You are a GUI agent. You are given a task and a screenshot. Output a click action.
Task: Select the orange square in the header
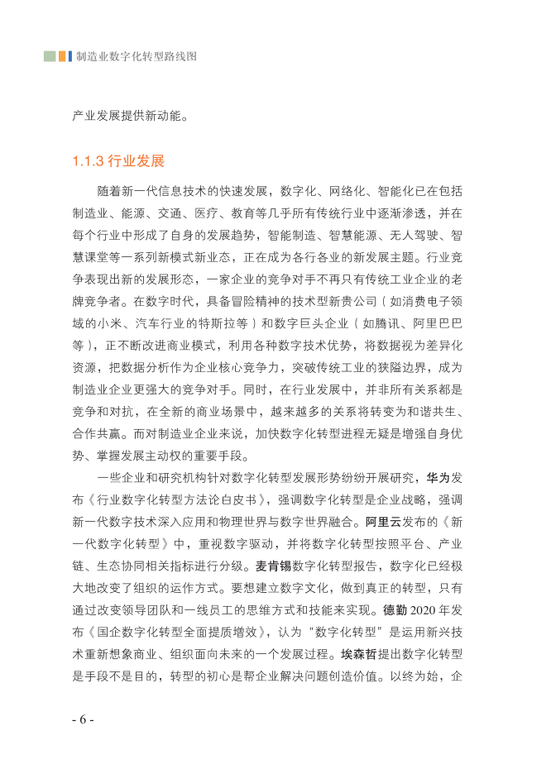64,56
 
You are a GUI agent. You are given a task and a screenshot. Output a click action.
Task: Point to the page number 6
83,719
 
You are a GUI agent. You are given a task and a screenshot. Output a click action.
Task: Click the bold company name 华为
438,477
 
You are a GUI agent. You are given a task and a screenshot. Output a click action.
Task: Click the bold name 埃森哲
357,655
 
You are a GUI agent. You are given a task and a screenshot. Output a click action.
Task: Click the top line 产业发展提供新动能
132,115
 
